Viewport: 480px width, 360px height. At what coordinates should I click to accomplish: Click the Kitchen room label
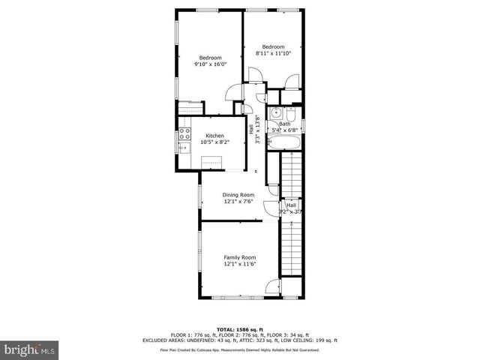[x=214, y=136]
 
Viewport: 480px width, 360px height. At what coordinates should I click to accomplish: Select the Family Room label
[x=239, y=257]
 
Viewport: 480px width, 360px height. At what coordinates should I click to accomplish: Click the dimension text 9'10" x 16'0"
[x=210, y=64]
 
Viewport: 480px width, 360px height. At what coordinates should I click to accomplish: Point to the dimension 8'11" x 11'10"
[x=273, y=53]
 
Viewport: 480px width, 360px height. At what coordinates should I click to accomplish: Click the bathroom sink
[x=277, y=114]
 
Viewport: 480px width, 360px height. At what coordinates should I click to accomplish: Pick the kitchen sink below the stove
[x=184, y=148]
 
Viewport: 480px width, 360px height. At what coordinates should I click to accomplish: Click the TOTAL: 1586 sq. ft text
[x=239, y=329]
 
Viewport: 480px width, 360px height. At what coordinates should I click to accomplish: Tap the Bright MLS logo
[x=31, y=349]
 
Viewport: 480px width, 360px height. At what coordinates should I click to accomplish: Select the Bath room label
[x=285, y=124]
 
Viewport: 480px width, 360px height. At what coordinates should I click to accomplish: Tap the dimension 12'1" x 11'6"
[x=239, y=264]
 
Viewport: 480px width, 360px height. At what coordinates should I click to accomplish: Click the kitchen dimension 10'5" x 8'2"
[x=214, y=142]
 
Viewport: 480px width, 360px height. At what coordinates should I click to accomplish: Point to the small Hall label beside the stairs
[x=291, y=205]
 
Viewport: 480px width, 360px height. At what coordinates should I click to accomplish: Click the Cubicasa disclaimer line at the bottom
[x=239, y=349]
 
